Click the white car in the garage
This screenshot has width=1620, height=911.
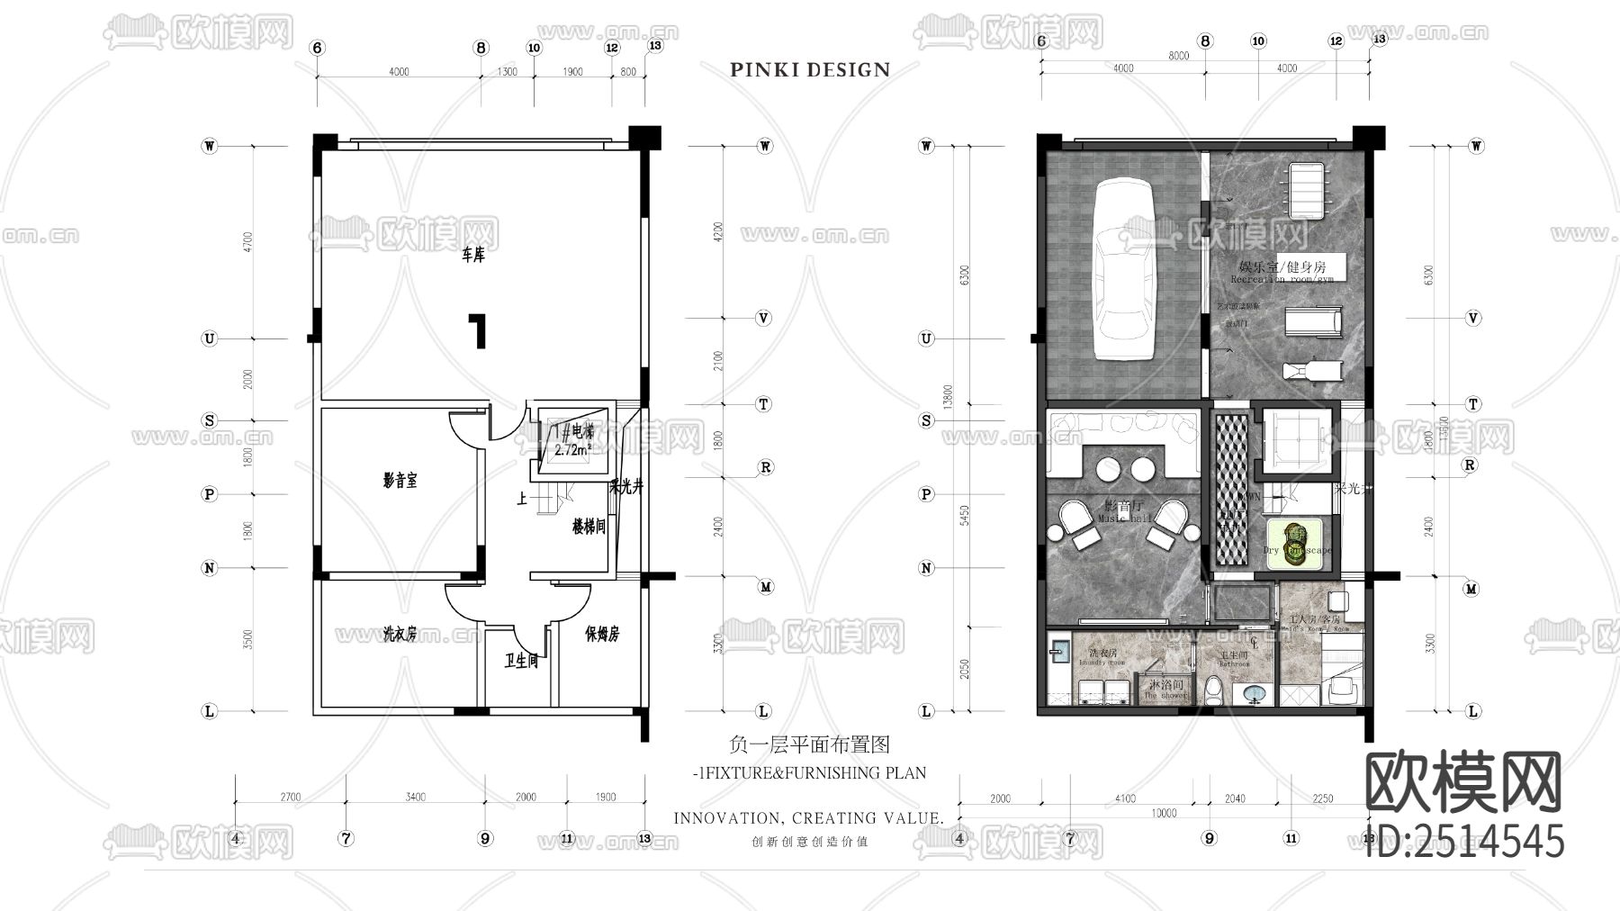point(1121,270)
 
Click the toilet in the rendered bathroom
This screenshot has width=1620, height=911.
point(1213,690)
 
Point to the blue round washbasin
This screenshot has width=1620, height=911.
point(1252,695)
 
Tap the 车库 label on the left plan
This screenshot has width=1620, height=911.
point(473,256)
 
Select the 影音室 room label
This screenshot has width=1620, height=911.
point(400,481)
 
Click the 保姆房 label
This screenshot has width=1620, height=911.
point(601,635)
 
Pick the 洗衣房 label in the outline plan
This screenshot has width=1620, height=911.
point(399,635)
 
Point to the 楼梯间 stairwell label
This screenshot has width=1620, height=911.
point(589,527)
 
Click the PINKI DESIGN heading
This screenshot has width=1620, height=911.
point(810,69)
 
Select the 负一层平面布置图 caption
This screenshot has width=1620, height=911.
point(809,745)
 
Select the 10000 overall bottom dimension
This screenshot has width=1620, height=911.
point(1164,813)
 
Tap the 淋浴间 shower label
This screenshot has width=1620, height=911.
point(1165,686)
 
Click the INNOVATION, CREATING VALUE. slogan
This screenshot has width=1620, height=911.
point(808,818)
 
